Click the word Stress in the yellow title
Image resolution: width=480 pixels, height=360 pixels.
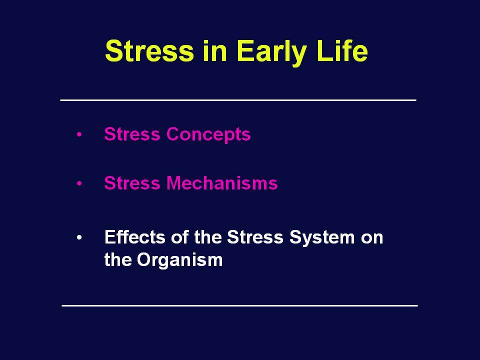pos(149,51)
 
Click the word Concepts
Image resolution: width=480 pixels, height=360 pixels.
pos(208,134)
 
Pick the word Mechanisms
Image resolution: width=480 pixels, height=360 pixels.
pos(222,183)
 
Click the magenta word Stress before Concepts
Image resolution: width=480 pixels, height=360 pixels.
pos(132,134)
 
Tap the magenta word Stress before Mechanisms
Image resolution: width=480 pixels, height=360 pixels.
pos(132,183)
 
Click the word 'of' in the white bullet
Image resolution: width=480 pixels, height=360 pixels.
pos(179,237)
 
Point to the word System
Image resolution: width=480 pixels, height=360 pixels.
pos(321,238)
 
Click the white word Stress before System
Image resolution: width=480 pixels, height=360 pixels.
pos(255,237)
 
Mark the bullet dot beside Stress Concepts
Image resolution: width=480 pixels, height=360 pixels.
pos(79,134)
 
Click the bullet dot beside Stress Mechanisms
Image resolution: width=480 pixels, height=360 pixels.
pos(79,183)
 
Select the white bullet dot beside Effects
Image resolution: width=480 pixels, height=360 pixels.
pos(79,237)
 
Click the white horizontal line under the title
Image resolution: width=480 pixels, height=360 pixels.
pos(238,100)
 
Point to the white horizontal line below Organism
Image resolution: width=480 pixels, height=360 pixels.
pos(239,305)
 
